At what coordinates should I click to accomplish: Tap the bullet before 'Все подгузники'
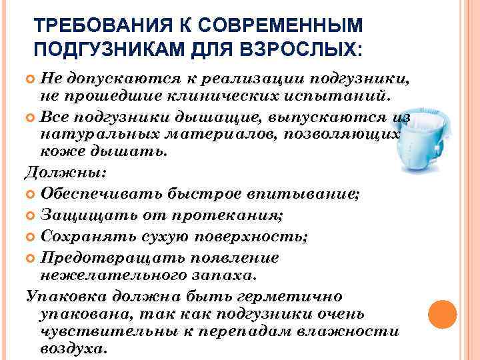coord(30,118)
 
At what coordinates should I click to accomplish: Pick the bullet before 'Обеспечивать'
coord(30,193)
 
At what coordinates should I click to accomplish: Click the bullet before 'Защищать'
coord(30,215)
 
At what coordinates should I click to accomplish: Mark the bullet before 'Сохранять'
coord(30,237)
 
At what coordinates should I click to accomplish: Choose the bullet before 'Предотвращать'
coord(30,257)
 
